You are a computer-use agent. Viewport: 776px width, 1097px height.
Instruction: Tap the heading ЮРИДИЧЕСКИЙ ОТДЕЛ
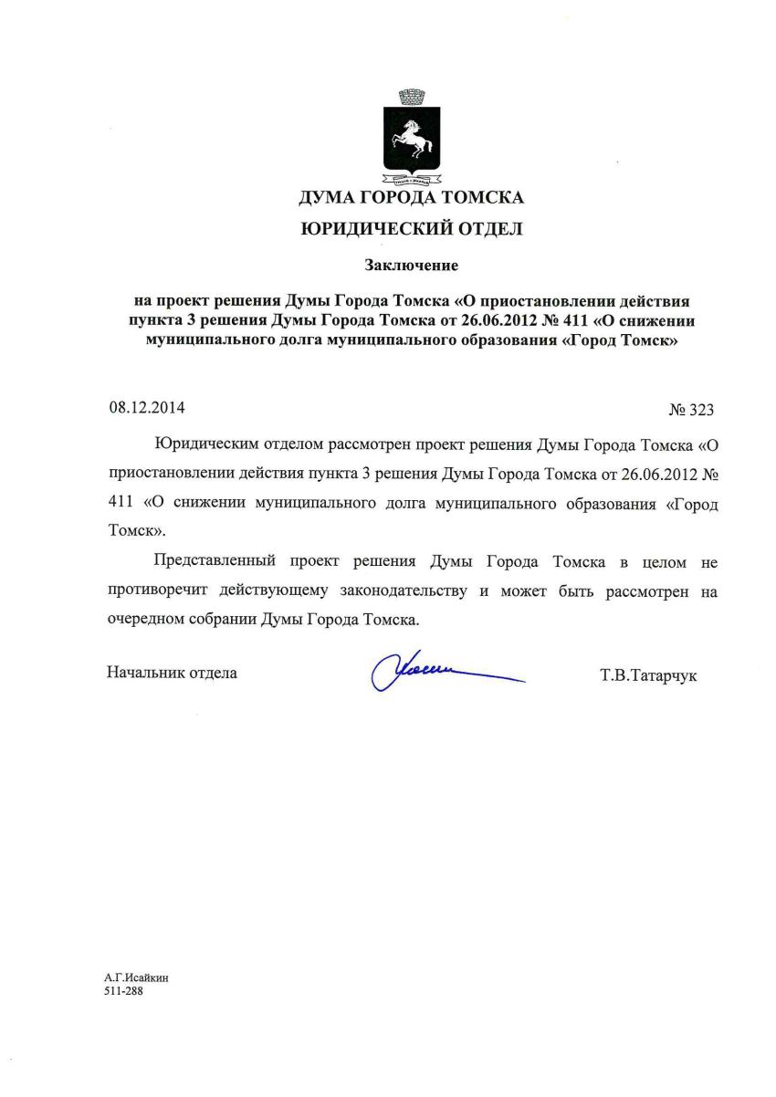[x=411, y=229]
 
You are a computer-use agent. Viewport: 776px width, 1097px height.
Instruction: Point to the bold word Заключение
[x=411, y=266]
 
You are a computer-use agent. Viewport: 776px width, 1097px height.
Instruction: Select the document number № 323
[x=690, y=410]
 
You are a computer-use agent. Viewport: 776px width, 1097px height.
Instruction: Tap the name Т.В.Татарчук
[x=648, y=676]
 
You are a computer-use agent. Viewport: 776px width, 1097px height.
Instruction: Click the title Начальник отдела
[x=172, y=673]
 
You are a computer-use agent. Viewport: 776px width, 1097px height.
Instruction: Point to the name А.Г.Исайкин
[x=136, y=977]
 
